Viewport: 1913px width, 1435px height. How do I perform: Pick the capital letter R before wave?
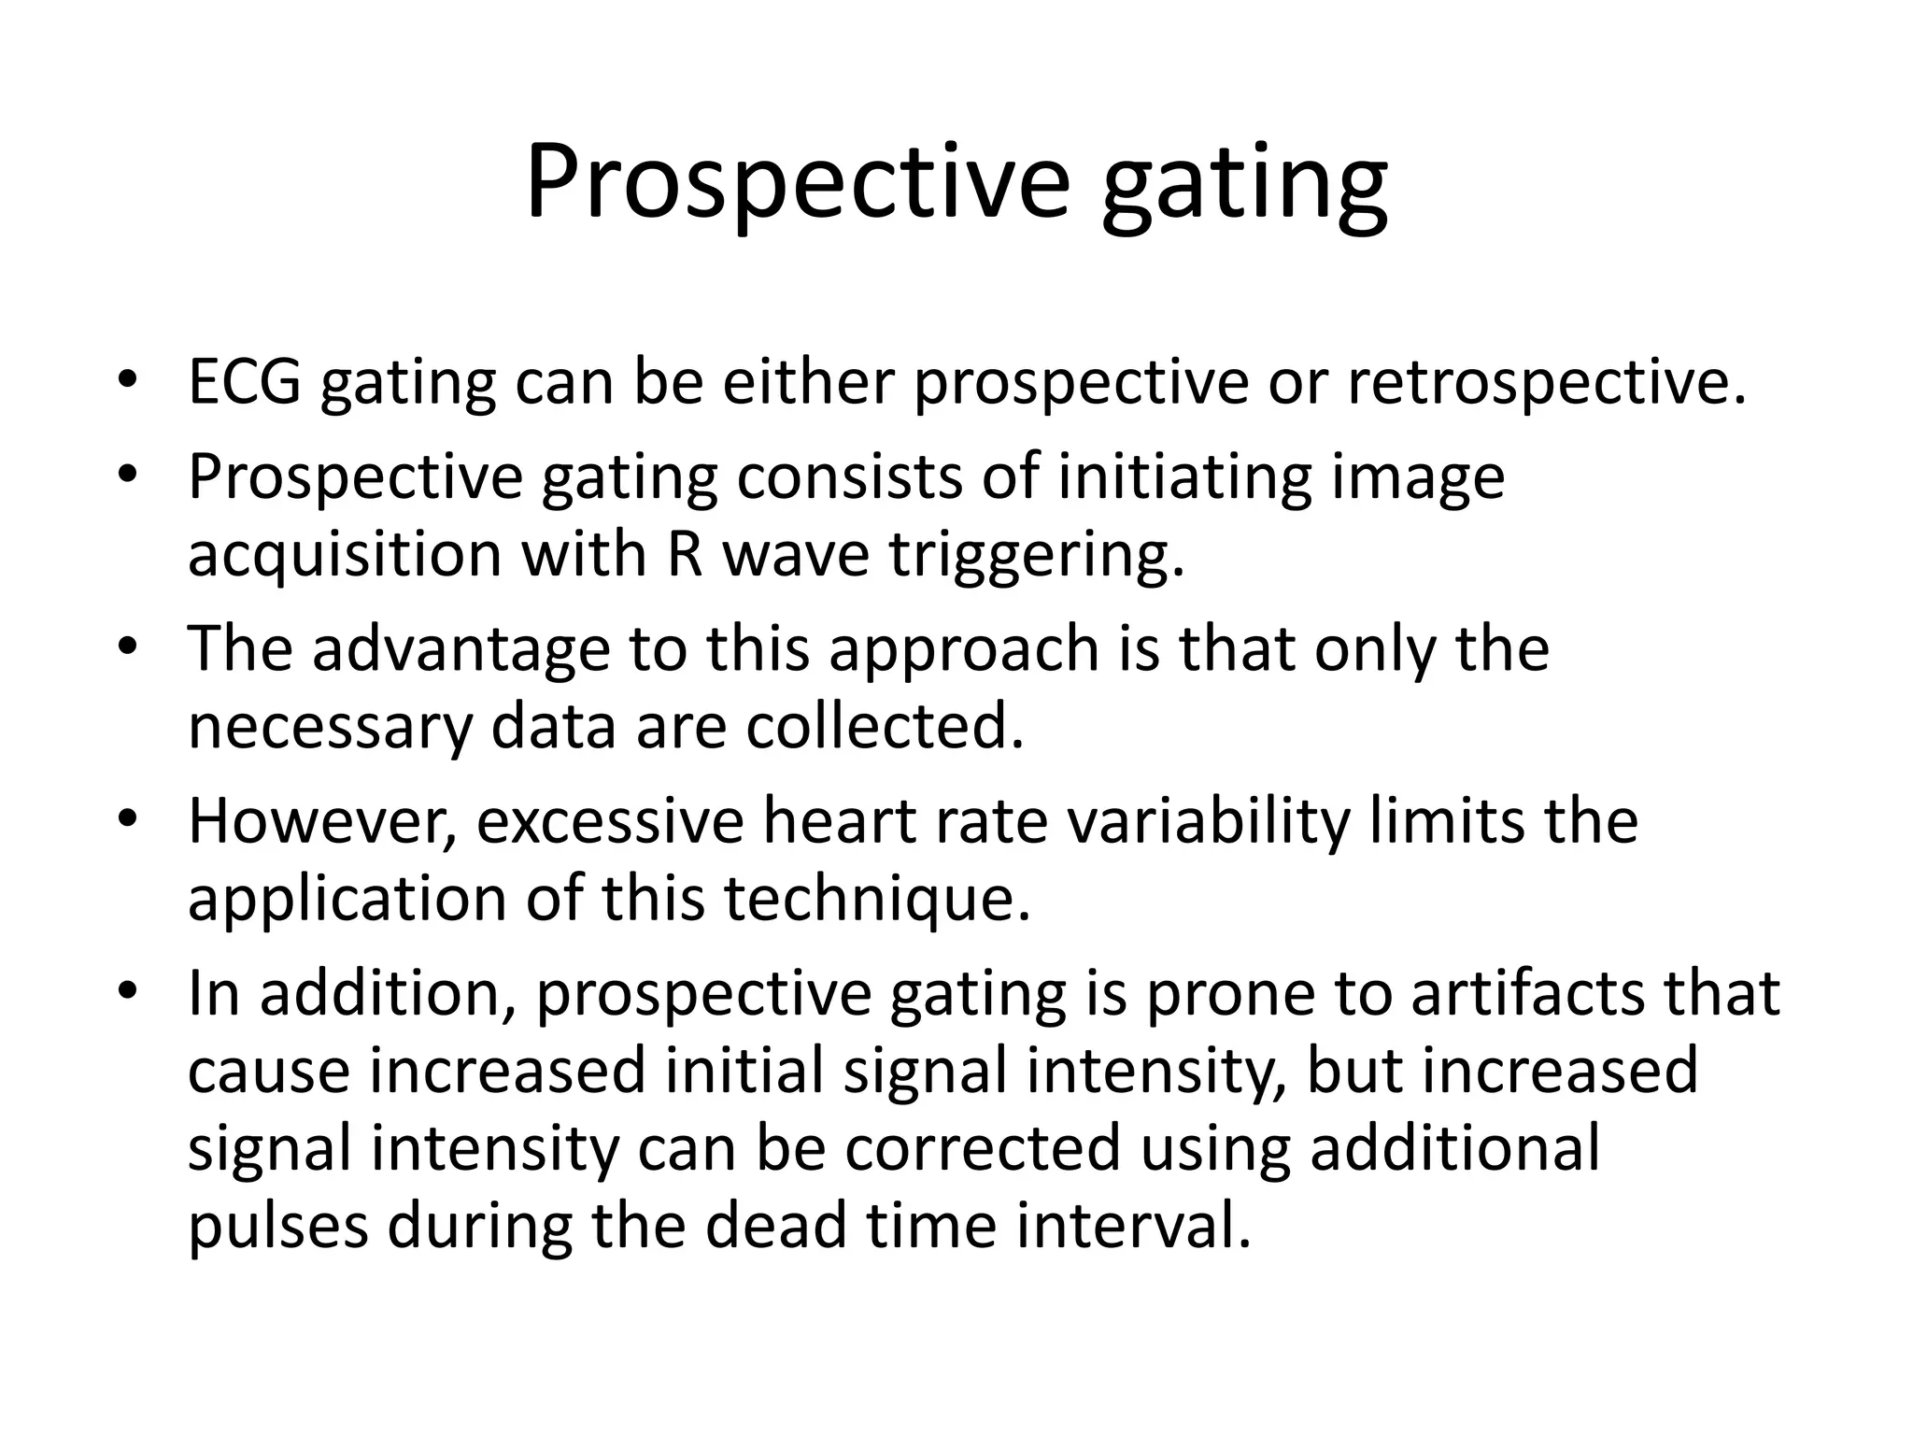[685, 554]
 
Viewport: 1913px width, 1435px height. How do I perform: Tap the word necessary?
[330, 728]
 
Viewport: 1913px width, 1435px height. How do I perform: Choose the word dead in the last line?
[775, 1226]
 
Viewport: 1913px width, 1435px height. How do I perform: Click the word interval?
[1132, 1226]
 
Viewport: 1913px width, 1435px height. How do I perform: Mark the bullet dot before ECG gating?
[128, 381]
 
